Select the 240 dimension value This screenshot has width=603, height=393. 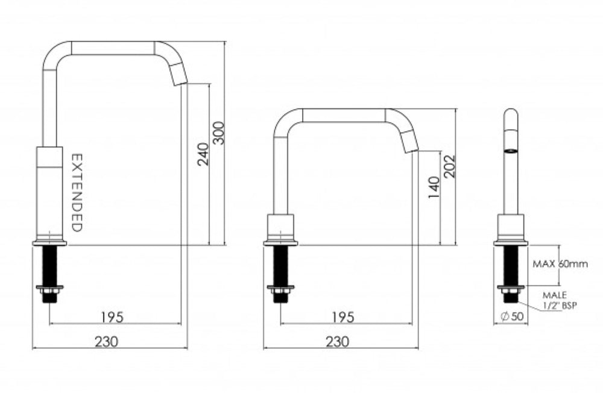[203, 154]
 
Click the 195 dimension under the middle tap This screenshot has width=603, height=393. [343, 316]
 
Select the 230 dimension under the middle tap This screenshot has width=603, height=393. [338, 341]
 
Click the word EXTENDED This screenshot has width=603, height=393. [77, 192]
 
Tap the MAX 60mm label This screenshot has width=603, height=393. [560, 263]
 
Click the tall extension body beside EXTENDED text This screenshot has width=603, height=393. [49, 192]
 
